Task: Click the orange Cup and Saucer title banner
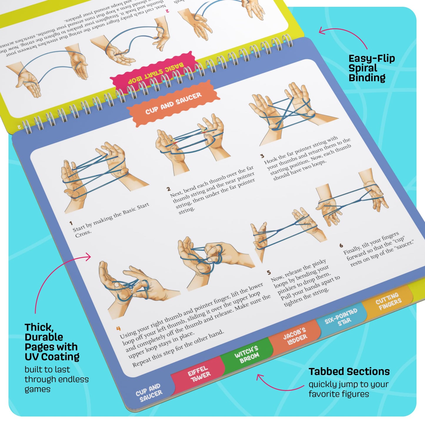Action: (x=174, y=103)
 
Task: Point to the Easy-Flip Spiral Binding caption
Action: (x=371, y=68)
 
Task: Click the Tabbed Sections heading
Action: (x=349, y=371)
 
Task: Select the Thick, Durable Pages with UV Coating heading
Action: (x=52, y=342)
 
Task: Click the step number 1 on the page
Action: (x=71, y=223)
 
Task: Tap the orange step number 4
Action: (x=118, y=329)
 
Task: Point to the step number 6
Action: (x=341, y=245)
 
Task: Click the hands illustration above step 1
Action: (x=100, y=176)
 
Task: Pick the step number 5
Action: (x=269, y=272)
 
